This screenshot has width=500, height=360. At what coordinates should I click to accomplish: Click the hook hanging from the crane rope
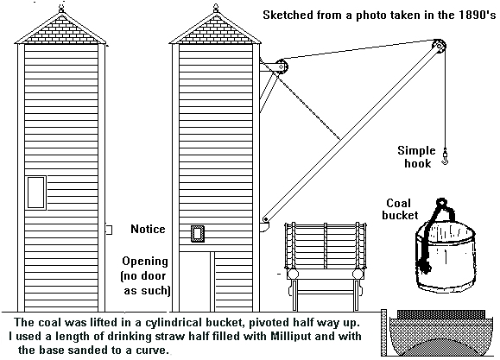[445, 157]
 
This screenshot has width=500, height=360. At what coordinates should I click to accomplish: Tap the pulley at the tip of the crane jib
[440, 47]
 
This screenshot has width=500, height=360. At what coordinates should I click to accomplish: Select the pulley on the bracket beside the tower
[282, 67]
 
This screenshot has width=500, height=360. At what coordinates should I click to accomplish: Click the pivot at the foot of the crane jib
[266, 219]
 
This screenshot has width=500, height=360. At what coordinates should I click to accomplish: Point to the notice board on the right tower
[198, 233]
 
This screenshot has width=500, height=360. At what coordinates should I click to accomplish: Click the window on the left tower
[35, 193]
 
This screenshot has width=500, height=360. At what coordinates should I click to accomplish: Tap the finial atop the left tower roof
[61, 9]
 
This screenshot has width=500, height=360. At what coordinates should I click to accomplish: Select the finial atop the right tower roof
[216, 9]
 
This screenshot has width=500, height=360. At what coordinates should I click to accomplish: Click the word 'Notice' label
[148, 229]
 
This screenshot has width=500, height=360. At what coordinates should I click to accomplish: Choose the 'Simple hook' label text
[417, 157]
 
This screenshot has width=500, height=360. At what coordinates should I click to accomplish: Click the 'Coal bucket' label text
[400, 209]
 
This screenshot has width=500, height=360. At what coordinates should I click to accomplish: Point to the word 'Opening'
[145, 262]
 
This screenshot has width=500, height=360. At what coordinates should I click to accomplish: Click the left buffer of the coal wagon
[293, 274]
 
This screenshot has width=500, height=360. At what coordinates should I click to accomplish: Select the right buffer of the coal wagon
[358, 274]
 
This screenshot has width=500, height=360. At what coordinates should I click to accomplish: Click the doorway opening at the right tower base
[194, 281]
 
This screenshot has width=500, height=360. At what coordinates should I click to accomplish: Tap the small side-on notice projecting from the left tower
[109, 230]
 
